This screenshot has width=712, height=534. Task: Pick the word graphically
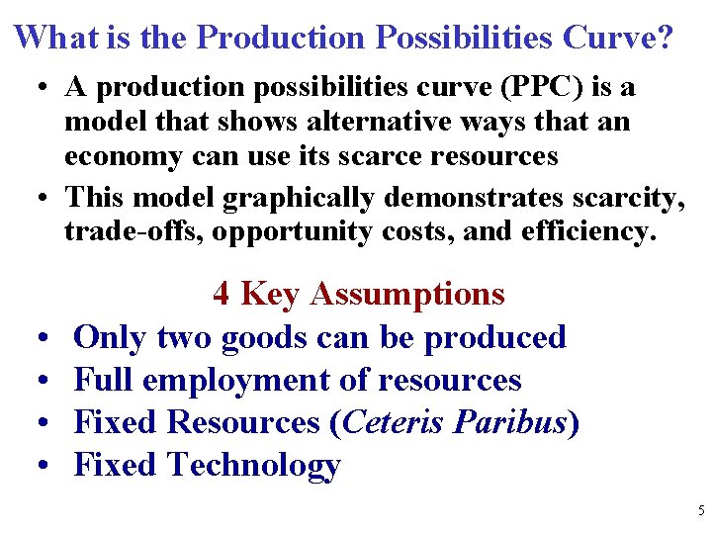point(298,198)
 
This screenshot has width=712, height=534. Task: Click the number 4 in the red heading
point(222,294)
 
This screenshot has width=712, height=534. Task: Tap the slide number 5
point(700,511)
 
